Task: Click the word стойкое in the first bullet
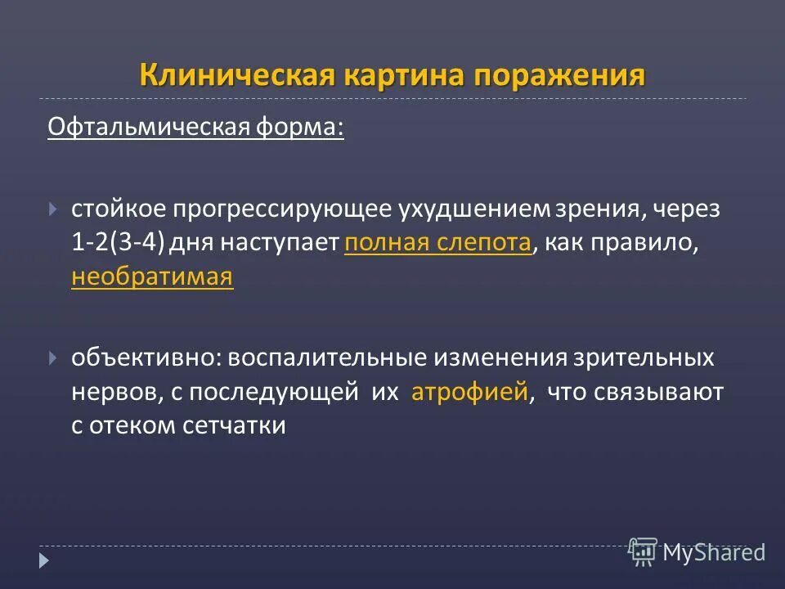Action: tap(119, 209)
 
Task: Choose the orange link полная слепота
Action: tap(438, 244)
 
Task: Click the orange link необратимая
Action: tap(153, 277)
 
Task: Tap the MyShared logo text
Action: tap(713, 553)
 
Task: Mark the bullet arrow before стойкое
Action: tap(54, 209)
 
